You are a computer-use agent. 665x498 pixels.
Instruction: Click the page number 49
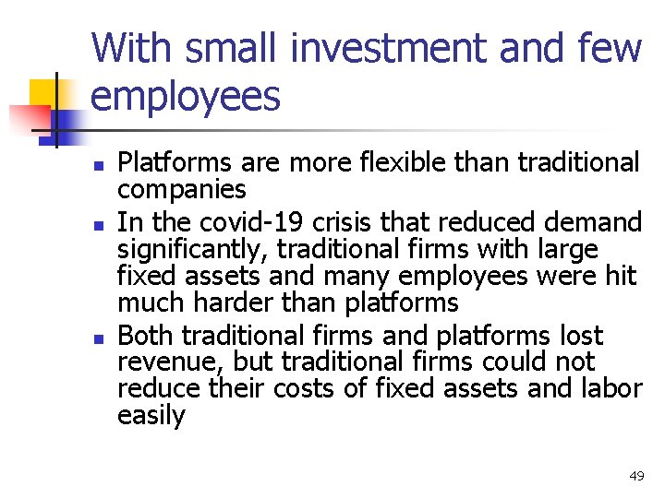[x=636, y=476]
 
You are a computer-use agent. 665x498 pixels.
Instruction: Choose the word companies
[x=181, y=191]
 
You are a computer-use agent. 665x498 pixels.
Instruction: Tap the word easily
[x=151, y=416]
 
